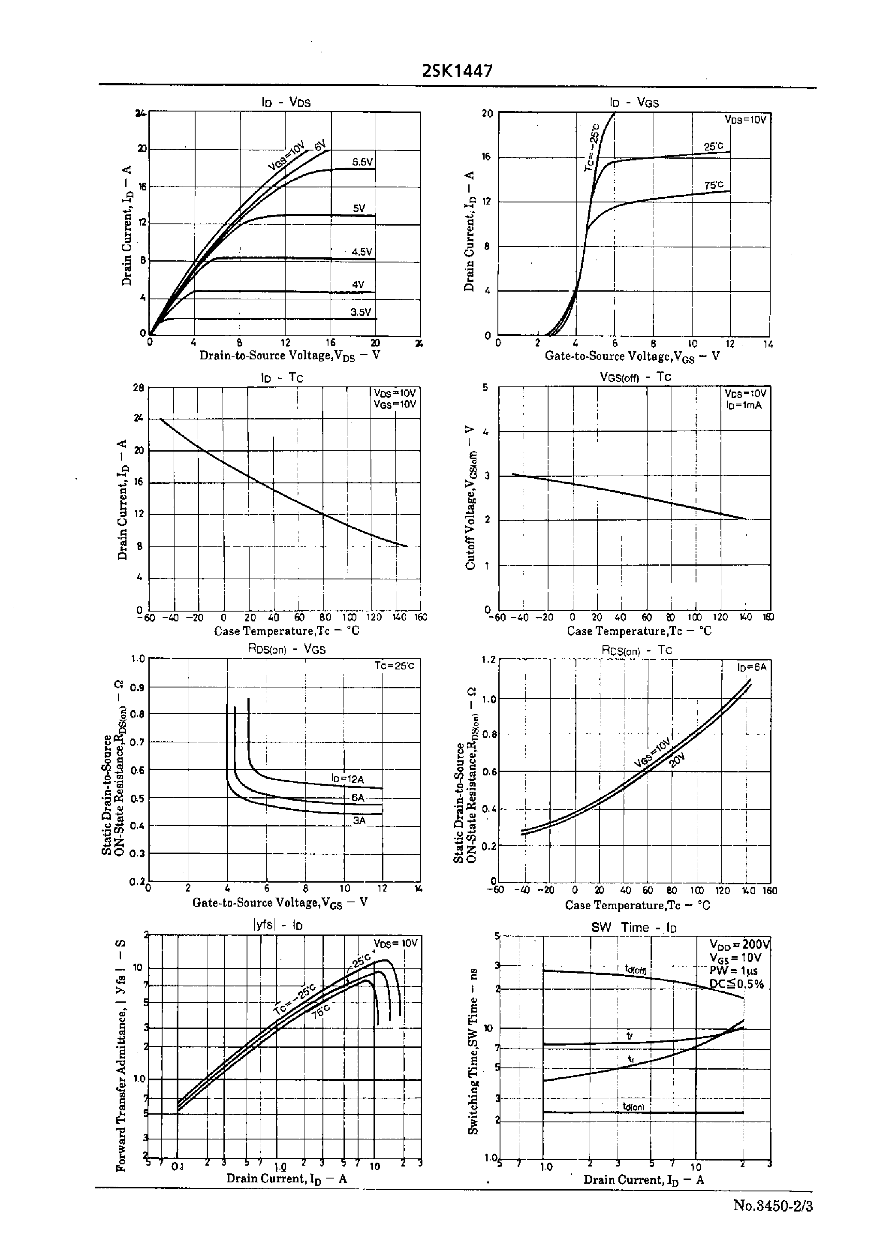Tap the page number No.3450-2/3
pos(772,1206)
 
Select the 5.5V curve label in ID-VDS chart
pos(362,162)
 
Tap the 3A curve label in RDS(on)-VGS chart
pos(359,821)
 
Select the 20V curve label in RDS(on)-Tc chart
pos(677,762)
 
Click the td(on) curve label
pos(633,1106)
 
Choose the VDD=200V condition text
pos(739,944)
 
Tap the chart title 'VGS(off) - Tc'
pos(635,377)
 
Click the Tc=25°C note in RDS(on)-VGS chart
pos(394,666)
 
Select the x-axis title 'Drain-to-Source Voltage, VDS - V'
pos(289,355)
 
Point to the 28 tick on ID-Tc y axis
pos(139,387)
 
